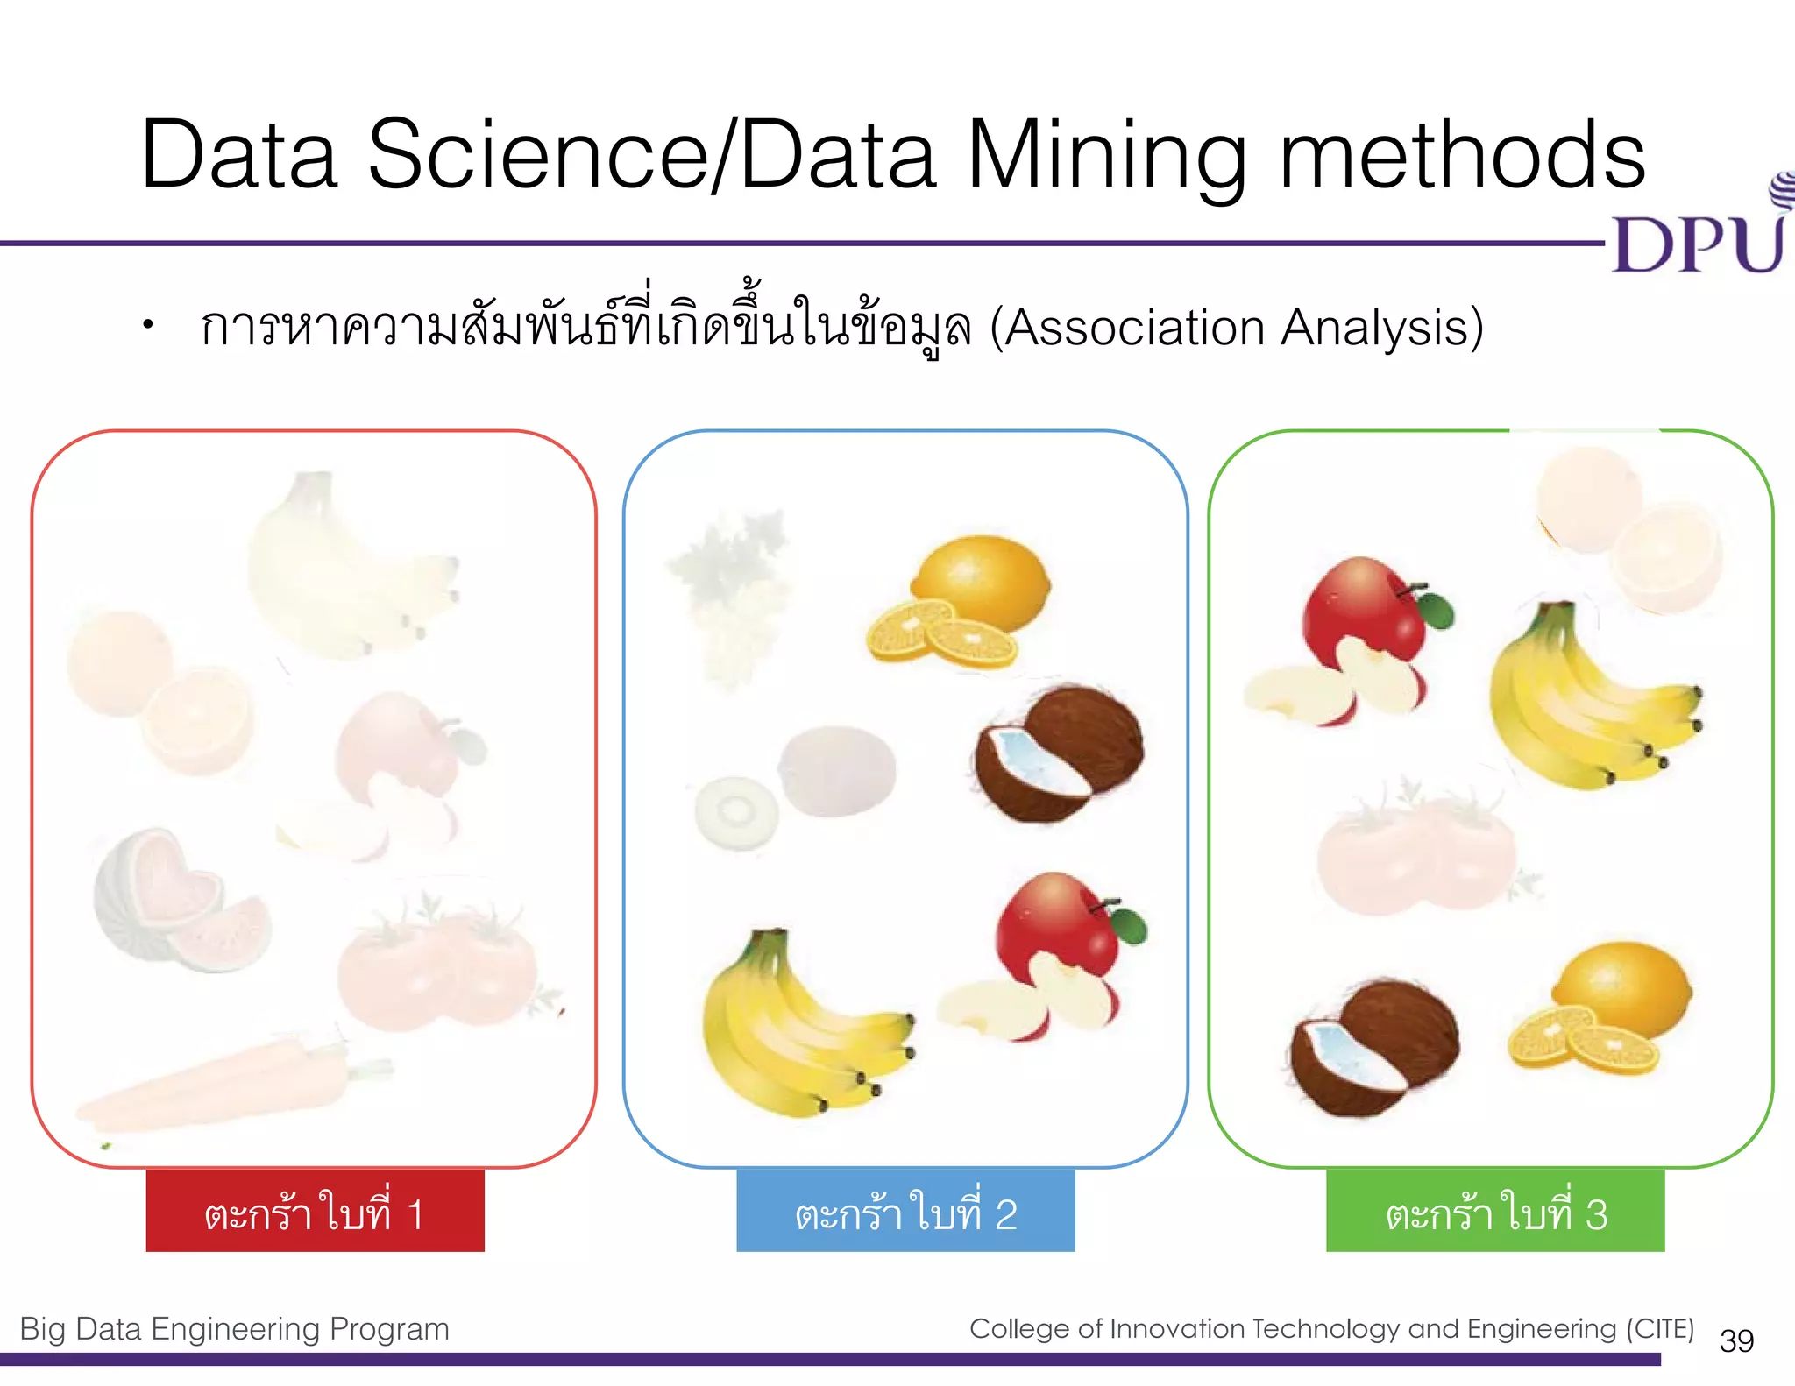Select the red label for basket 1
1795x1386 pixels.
click(x=315, y=1211)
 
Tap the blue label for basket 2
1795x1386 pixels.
click(x=905, y=1211)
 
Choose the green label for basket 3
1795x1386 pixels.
click(x=1495, y=1211)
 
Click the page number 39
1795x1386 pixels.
click(x=1736, y=1340)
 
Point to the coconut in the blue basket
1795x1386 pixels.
click(x=1061, y=753)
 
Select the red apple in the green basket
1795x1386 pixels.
click(x=1359, y=640)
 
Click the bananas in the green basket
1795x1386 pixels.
click(x=1578, y=701)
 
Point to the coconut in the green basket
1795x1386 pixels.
click(x=1372, y=1047)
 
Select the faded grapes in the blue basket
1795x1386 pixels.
click(x=727, y=596)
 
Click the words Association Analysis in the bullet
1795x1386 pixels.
click(x=1236, y=329)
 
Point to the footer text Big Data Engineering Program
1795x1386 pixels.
click(x=234, y=1329)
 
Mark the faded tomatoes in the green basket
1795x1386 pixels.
click(x=1415, y=854)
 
